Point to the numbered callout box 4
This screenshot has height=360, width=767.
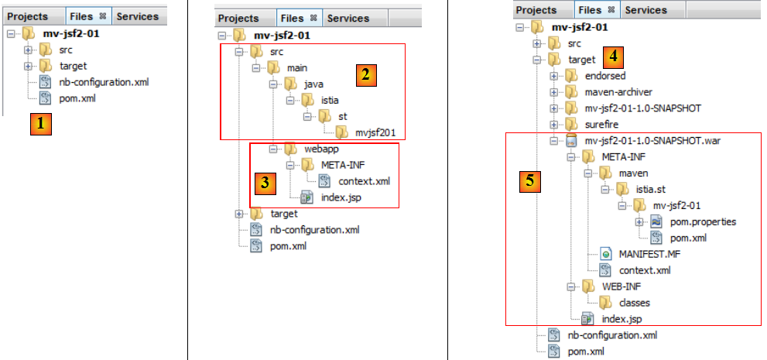[614, 57]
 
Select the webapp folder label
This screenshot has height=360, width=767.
[311, 149]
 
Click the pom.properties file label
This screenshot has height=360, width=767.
[704, 221]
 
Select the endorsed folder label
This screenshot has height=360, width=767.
[605, 75]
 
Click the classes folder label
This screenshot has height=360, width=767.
[634, 303]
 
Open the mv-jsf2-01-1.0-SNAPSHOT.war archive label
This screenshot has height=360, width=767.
[654, 141]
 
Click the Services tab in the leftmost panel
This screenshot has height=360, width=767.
[137, 16]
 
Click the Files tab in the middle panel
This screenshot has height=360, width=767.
[292, 18]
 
